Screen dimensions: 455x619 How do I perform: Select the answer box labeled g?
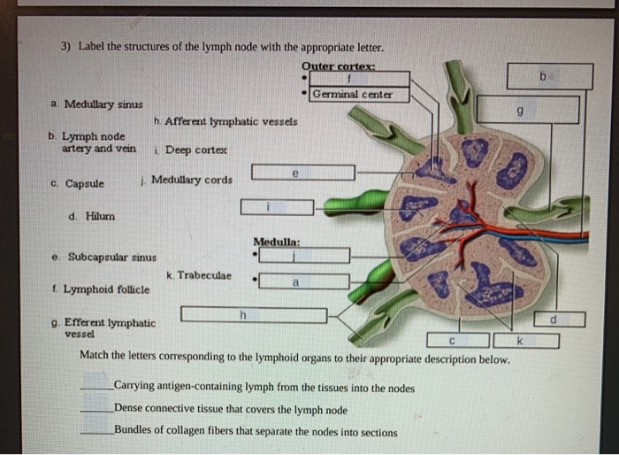(528, 110)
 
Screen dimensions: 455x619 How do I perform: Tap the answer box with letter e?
(303, 172)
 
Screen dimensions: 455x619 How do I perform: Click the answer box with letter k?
(526, 340)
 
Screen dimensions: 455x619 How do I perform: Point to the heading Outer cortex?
(339, 66)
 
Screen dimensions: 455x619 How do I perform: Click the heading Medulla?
(277, 241)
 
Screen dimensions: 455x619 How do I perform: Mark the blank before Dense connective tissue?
(96, 410)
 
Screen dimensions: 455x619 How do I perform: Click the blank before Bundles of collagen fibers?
(96, 432)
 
